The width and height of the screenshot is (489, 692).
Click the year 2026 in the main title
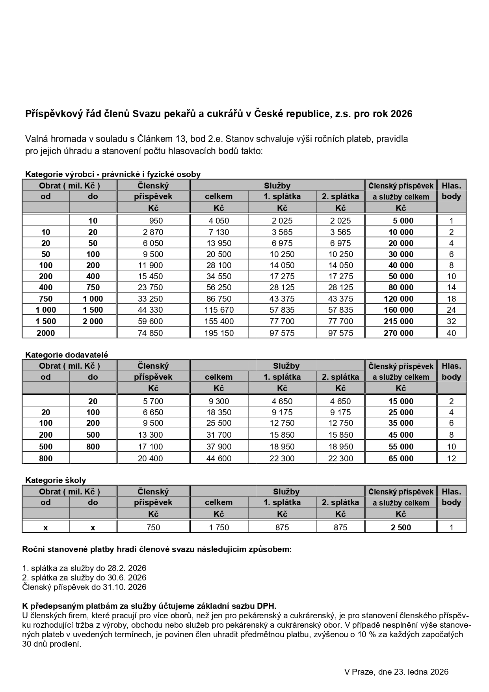[x=402, y=114]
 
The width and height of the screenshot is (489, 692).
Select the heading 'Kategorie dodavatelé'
[x=67, y=354]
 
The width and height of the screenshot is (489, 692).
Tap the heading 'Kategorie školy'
[x=56, y=480]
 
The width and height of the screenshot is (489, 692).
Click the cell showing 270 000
[x=401, y=333]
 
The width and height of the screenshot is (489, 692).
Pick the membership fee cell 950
[x=153, y=221]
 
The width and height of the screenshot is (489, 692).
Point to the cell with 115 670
[x=219, y=310]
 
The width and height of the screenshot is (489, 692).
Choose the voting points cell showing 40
[x=451, y=333]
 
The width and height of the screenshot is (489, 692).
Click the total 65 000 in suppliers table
[x=401, y=458]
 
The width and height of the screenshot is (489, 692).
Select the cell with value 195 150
[x=219, y=333]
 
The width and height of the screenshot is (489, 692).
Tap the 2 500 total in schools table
[x=401, y=528]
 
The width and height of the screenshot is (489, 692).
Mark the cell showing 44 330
[x=150, y=310]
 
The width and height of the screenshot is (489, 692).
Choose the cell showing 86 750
[x=219, y=299]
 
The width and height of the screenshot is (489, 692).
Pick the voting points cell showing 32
[x=451, y=321]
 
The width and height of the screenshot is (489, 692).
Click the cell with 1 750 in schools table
[x=219, y=528]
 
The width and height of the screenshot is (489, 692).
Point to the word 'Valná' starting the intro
[x=37, y=139]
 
